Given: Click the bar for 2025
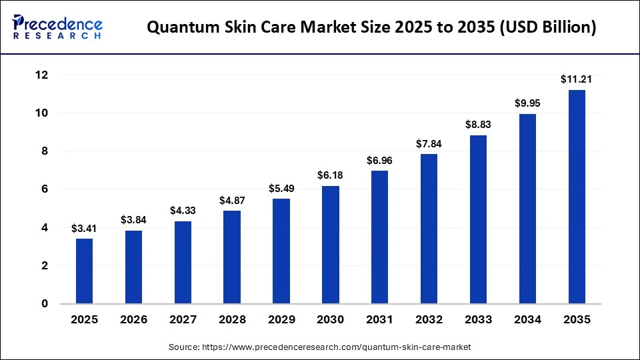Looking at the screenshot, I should [x=85, y=271].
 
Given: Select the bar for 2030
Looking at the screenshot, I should [x=331, y=245].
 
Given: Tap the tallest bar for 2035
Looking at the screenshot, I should [x=577, y=197].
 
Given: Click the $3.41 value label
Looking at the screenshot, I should [x=85, y=229].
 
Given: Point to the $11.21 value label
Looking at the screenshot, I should [x=577, y=79].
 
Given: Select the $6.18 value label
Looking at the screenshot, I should [x=331, y=175].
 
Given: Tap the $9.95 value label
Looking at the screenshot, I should [x=527, y=103].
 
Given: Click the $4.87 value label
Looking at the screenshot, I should [x=232, y=201].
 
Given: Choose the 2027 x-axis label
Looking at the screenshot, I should [x=183, y=320].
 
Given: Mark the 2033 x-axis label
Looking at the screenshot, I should [x=478, y=320].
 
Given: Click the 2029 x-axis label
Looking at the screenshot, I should [x=281, y=320].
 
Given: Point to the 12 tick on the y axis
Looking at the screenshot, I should [x=42, y=75].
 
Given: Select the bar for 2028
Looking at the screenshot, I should [x=232, y=257].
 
